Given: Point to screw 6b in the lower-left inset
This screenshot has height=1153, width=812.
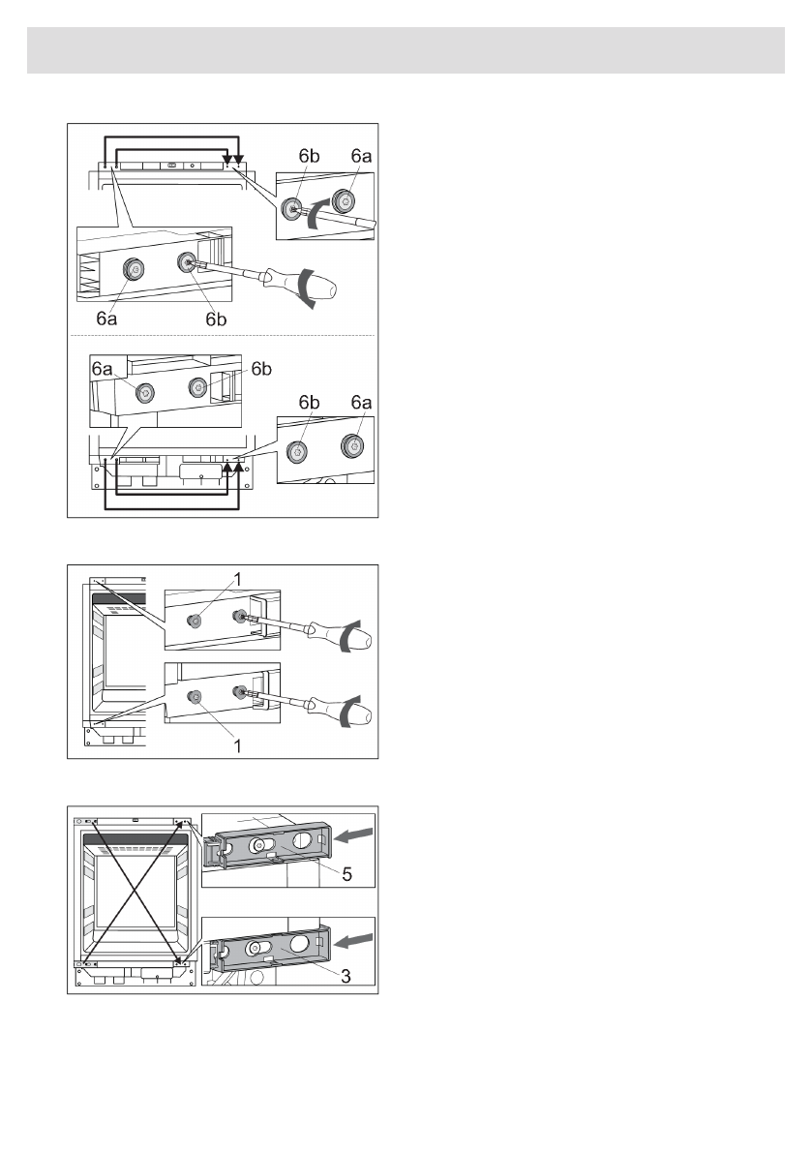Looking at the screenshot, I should (198, 386).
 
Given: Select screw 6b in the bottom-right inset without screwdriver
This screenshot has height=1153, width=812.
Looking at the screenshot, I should (299, 450).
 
